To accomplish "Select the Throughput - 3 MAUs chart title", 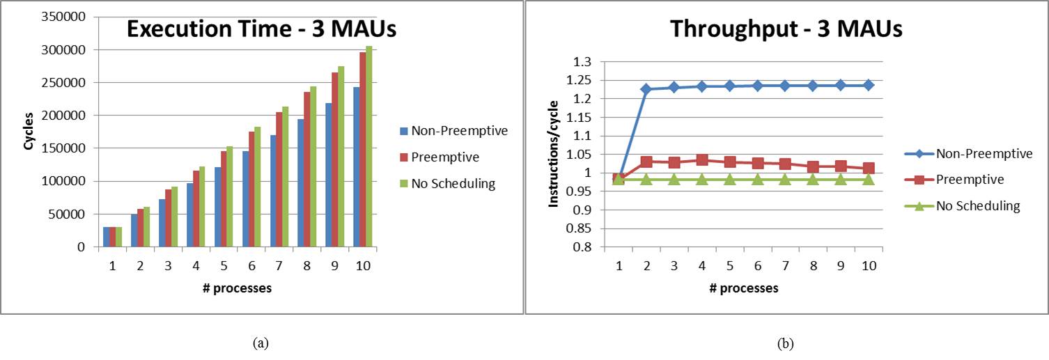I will click(786, 29).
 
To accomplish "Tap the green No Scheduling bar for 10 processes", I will click(369, 146).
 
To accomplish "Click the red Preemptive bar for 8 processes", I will click(307, 169).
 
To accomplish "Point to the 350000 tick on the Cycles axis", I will click(67, 17).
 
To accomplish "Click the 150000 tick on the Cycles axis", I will click(67, 148).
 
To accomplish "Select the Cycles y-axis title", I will click(29, 132).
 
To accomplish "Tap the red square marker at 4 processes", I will click(701, 160).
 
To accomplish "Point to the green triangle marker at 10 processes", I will click(868, 179).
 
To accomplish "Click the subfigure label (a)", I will click(261, 343).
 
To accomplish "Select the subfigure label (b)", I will click(786, 343).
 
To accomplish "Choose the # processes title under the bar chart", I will click(237, 288).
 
